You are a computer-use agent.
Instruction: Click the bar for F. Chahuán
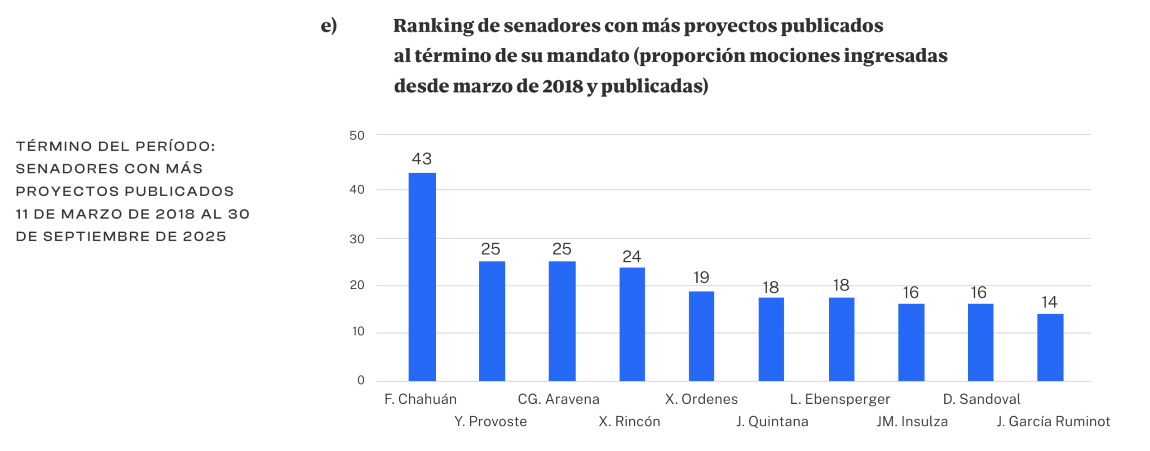click(422, 277)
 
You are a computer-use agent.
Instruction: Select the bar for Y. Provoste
click(492, 321)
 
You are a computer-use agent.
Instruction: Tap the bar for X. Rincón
click(632, 324)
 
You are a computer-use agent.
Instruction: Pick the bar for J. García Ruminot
click(1050, 347)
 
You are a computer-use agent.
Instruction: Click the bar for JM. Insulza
click(911, 342)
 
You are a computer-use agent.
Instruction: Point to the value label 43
click(422, 159)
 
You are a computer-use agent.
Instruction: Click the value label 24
click(632, 257)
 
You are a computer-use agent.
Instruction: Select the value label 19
click(701, 277)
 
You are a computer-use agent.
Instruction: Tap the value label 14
click(1049, 302)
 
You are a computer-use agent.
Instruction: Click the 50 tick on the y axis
click(357, 135)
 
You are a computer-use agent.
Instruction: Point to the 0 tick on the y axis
click(361, 380)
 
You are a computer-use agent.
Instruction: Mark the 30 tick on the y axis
click(357, 239)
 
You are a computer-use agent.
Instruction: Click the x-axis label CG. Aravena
click(558, 399)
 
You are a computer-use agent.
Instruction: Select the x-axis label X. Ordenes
click(701, 399)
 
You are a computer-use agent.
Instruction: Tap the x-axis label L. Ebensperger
click(840, 399)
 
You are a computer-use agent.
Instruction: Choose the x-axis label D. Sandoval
click(982, 399)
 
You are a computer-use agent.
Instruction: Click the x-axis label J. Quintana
click(772, 422)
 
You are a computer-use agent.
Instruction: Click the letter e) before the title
click(329, 26)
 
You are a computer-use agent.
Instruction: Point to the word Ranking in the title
click(433, 26)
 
